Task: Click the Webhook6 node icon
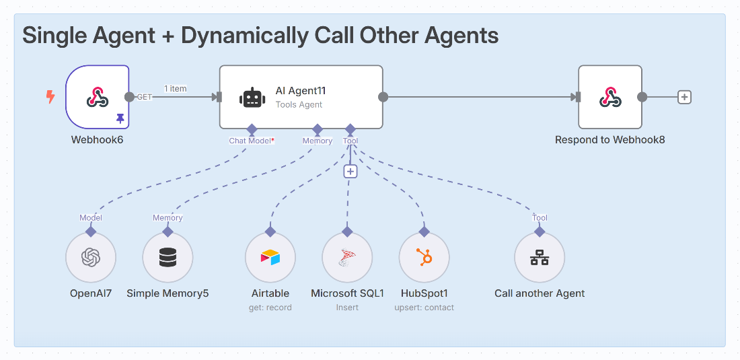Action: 98,97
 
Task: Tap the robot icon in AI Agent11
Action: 252,98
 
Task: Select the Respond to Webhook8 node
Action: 610,97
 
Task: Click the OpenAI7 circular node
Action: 91,258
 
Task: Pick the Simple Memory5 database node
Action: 168,258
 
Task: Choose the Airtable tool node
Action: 270,258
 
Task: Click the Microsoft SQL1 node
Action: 347,258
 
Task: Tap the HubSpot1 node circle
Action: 424,258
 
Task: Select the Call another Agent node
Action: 540,258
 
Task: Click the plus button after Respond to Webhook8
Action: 684,97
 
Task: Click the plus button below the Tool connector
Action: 350,171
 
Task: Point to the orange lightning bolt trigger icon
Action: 50,97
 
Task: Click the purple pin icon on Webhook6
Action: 120,118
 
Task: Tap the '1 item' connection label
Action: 176,88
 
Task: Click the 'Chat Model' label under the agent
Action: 250,141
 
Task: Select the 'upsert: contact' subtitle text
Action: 424,308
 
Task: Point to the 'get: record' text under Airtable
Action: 270,308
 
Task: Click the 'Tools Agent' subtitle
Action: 299,104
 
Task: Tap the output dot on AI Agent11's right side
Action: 383,97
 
